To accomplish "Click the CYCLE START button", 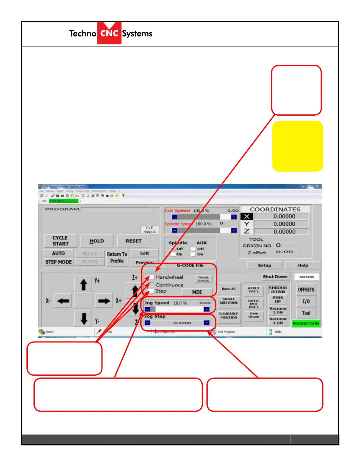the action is (61, 241).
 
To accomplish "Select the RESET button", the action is (134, 241).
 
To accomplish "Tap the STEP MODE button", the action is (59, 262).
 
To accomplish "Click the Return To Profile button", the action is (117, 257).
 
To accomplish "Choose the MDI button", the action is (197, 292).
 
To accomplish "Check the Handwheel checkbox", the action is (151, 277).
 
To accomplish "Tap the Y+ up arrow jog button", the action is (84, 284).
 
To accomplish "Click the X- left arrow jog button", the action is (63, 301).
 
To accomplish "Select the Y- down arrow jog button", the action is (84, 318).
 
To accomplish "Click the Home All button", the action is (229, 289).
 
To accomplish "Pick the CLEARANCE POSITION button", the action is (229, 316).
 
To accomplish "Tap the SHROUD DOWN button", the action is (278, 290).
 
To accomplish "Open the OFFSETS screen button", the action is (306, 290).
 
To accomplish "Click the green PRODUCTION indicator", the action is (306, 323).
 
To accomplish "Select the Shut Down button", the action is (275, 277).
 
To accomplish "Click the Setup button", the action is (264, 265).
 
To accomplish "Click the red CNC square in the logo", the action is (109, 33).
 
